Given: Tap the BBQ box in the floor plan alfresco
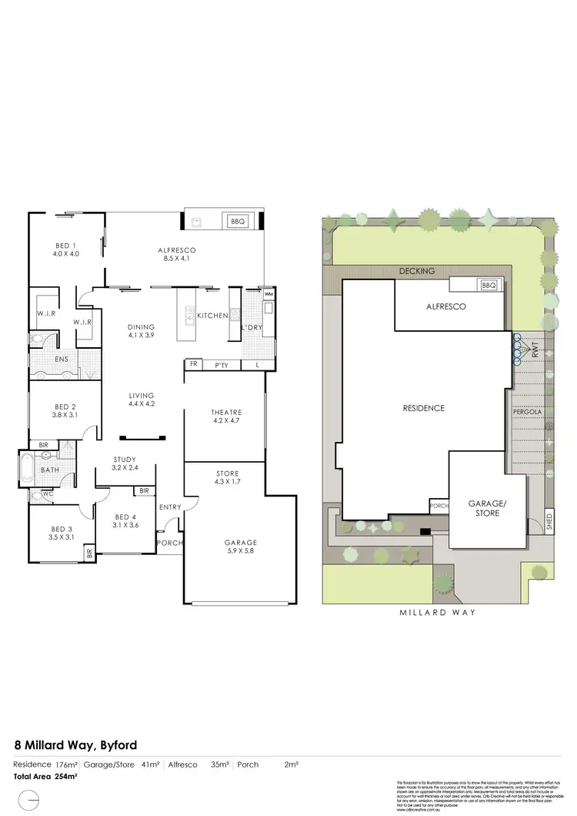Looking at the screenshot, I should (237, 222).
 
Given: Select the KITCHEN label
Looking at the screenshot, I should (212, 316).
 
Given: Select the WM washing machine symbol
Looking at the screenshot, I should (268, 295).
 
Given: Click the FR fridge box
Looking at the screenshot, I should (194, 365).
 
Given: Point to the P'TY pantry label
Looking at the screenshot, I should (222, 365).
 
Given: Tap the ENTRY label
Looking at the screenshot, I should (170, 507).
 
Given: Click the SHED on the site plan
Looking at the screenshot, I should (549, 522).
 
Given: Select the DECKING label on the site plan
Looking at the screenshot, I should (418, 271).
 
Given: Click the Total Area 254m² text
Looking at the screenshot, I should (46, 776).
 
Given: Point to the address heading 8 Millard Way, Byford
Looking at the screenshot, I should (76, 744).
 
